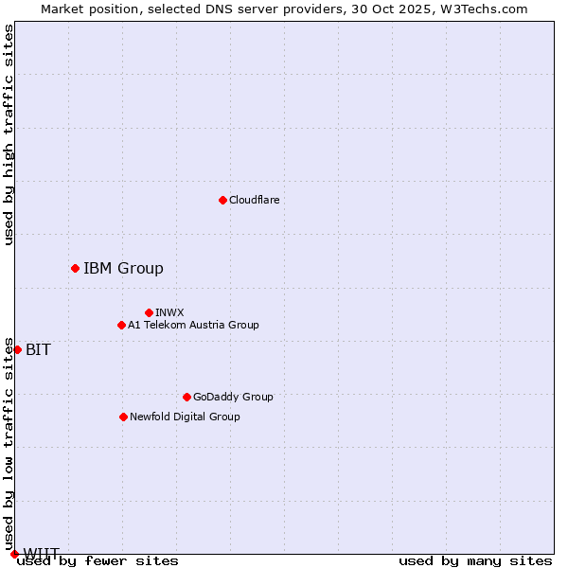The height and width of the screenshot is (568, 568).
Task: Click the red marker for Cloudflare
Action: click(222, 200)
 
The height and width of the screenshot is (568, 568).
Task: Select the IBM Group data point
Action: click(75, 268)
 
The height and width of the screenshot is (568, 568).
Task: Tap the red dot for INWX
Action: click(149, 312)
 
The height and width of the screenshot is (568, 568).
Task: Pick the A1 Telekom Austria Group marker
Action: click(121, 325)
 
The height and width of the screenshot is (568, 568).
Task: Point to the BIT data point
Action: click(17, 349)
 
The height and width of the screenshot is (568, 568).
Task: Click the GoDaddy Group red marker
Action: click(186, 397)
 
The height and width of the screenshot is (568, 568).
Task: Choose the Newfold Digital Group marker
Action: click(123, 417)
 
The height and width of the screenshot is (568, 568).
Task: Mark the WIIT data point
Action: click(14, 554)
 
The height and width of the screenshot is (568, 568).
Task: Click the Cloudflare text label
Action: click(254, 200)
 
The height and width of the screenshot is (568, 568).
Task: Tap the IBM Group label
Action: click(123, 268)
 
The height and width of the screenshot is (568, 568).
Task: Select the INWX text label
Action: click(169, 312)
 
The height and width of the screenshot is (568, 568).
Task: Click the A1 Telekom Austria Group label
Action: click(193, 325)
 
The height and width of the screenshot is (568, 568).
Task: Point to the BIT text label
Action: click(38, 349)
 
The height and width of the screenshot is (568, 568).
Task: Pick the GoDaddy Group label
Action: click(233, 397)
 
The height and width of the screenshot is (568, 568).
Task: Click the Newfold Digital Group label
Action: click(185, 417)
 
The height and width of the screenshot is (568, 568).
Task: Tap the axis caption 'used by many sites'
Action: click(475, 560)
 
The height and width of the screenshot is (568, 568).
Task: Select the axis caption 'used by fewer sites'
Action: click(98, 560)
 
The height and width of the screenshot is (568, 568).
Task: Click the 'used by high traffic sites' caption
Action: click(9, 134)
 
